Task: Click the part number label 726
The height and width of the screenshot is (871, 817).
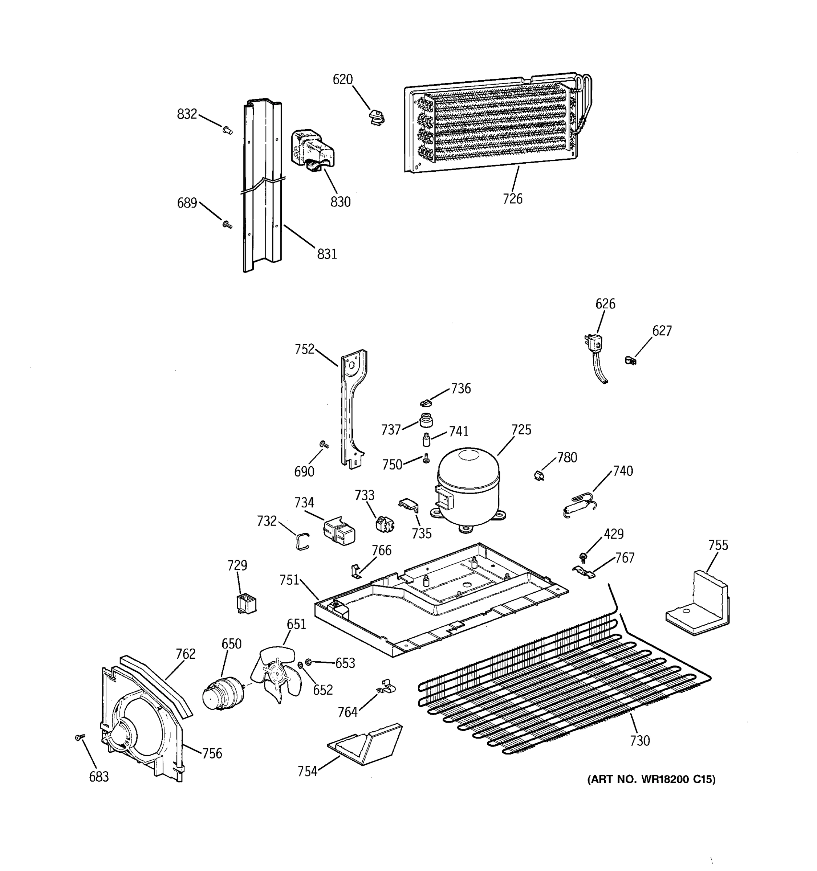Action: click(x=512, y=199)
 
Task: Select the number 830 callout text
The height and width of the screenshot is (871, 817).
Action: click(x=341, y=202)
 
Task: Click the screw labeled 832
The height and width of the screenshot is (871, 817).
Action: click(x=227, y=130)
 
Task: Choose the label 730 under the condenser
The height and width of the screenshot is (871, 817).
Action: click(x=639, y=741)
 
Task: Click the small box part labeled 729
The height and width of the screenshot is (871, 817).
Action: click(x=246, y=603)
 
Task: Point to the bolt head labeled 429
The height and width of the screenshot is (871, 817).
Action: click(x=582, y=557)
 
